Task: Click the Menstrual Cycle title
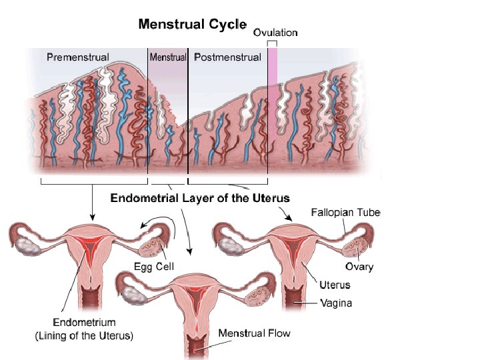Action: (192, 25)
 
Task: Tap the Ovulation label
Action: (275, 31)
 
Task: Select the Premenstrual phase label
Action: (78, 57)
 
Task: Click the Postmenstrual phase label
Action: (227, 57)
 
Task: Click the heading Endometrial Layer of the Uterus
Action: (200, 198)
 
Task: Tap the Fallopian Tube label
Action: (345, 213)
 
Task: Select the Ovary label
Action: (359, 267)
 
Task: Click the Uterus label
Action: (335, 285)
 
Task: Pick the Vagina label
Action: (336, 303)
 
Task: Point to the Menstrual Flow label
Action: (255, 332)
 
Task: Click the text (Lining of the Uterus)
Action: (84, 336)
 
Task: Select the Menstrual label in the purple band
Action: (168, 57)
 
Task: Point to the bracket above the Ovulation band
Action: (273, 42)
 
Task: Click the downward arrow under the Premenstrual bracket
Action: (93, 203)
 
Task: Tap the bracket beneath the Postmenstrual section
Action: (228, 181)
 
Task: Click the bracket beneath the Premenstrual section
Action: (93, 181)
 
